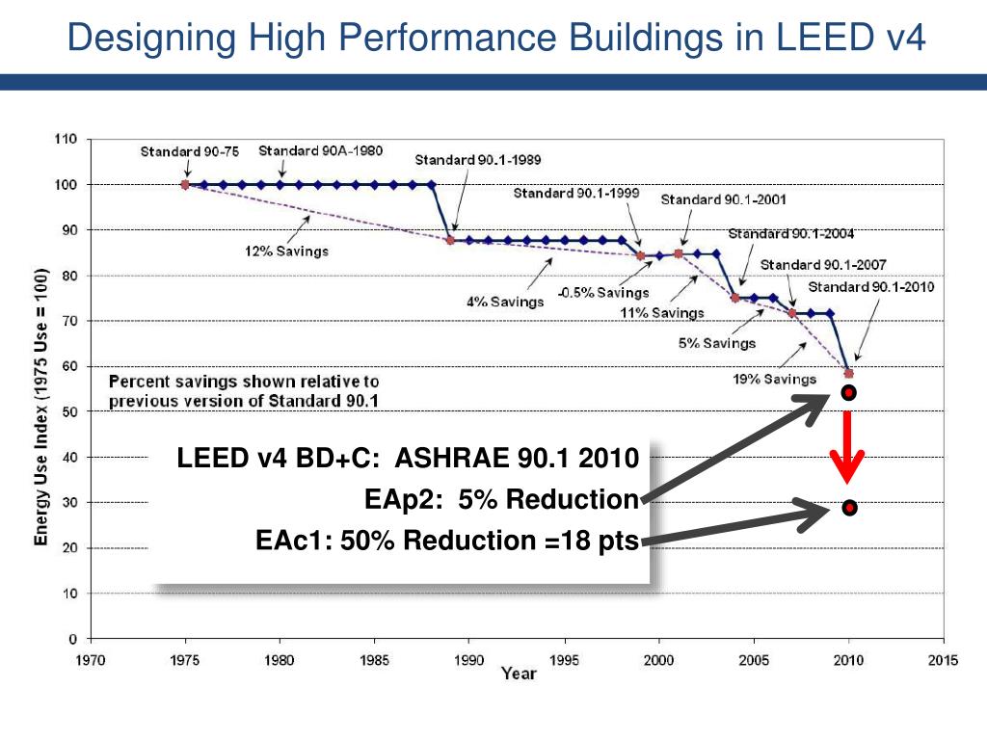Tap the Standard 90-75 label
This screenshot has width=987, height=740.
[189, 151]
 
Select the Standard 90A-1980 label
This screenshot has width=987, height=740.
[320, 150]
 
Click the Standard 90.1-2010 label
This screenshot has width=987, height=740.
[870, 286]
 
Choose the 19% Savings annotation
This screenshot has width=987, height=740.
[775, 379]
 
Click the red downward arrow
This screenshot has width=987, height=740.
[849, 448]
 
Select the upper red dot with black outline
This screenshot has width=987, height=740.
[849, 392]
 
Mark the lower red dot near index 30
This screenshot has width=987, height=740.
[849, 508]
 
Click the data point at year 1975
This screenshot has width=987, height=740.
[185, 184]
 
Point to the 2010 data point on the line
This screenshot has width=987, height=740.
[849, 373]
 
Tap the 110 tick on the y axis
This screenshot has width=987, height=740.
[66, 139]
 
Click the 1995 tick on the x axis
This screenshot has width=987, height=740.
[565, 660]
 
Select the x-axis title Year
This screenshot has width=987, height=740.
[518, 674]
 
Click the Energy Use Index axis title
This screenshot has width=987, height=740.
[41, 406]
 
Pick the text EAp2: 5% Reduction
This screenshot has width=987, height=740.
[501, 499]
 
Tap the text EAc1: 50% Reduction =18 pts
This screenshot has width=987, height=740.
[447, 541]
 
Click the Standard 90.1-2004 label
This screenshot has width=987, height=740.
[790, 233]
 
